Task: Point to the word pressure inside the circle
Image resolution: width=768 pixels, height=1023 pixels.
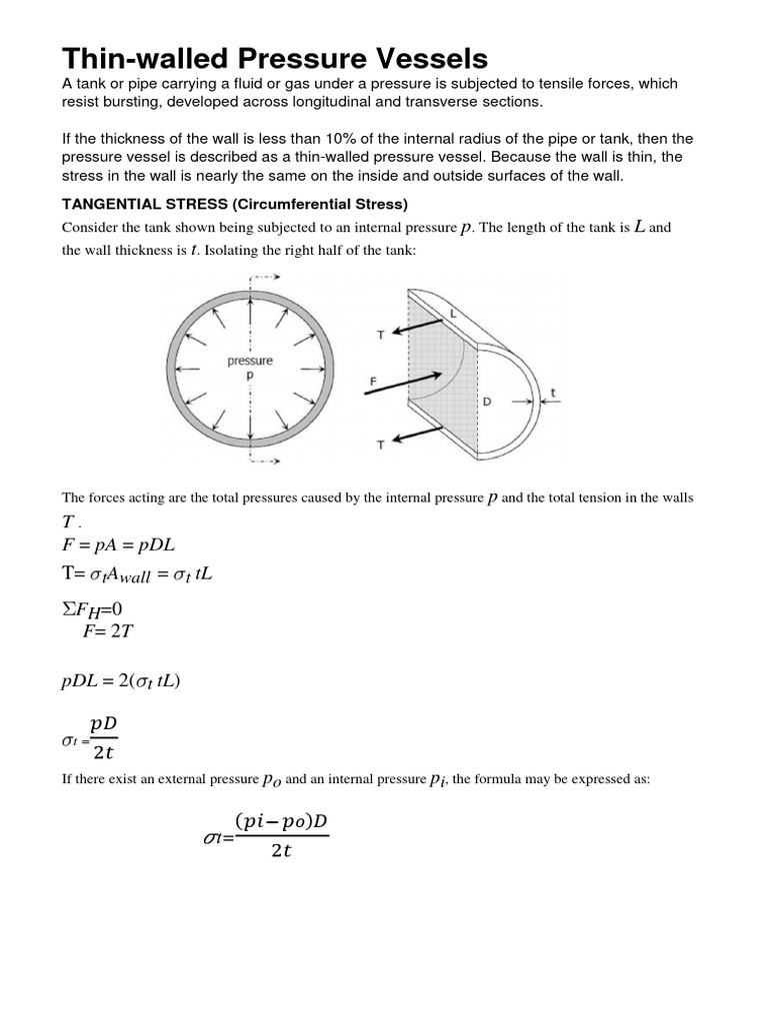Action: click(x=250, y=361)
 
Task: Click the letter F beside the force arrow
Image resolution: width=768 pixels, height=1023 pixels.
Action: click(x=373, y=381)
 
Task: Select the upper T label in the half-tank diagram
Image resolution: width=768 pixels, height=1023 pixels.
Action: click(x=380, y=336)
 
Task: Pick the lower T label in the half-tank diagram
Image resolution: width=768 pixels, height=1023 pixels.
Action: click(x=380, y=447)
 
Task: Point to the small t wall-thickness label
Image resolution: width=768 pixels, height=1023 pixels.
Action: click(x=552, y=394)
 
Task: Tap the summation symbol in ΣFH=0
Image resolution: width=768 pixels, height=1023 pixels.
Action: click(x=68, y=607)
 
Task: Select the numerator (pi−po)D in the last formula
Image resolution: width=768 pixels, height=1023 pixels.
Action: click(x=282, y=822)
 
